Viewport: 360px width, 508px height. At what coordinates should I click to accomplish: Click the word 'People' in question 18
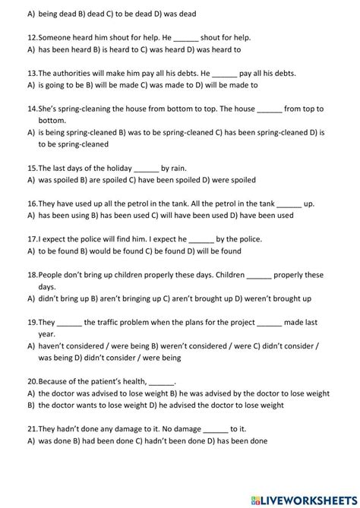coord(52,274)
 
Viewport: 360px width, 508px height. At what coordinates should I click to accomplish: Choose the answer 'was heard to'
coord(219,49)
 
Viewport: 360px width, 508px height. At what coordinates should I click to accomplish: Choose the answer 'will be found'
coord(216,251)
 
